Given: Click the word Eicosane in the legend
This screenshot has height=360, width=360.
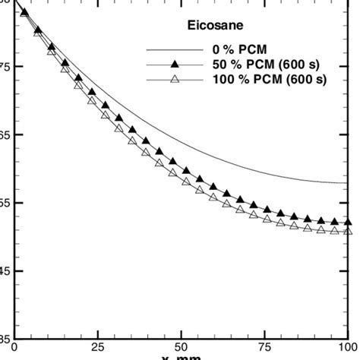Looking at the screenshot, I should pyautogui.click(x=214, y=24).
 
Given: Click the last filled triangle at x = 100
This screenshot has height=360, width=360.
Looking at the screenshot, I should pyautogui.click(x=348, y=222).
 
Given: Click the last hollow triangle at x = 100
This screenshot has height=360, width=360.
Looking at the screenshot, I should pyautogui.click(x=348, y=230).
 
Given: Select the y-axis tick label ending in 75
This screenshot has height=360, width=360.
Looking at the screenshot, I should pyautogui.click(x=5, y=67).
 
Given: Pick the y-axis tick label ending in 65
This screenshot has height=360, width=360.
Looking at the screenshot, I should pyautogui.click(x=5, y=135).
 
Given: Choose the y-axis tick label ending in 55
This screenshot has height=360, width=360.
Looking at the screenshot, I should pyautogui.click(x=5, y=203).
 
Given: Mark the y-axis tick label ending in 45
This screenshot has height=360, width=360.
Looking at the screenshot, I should pyautogui.click(x=5, y=270).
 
